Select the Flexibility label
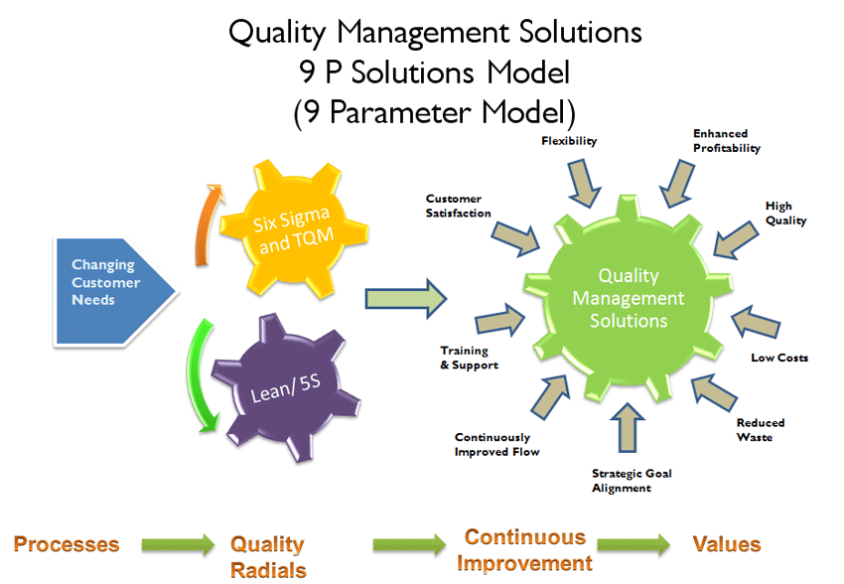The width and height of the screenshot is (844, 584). (569, 141)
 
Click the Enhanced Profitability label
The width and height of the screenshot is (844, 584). (726, 141)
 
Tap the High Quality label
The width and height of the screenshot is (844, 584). (785, 214)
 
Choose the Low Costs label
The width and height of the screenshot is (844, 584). (779, 358)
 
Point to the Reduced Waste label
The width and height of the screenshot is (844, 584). (754, 430)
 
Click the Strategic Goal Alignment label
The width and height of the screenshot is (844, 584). (632, 481)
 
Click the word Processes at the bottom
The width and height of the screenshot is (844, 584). (66, 545)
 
